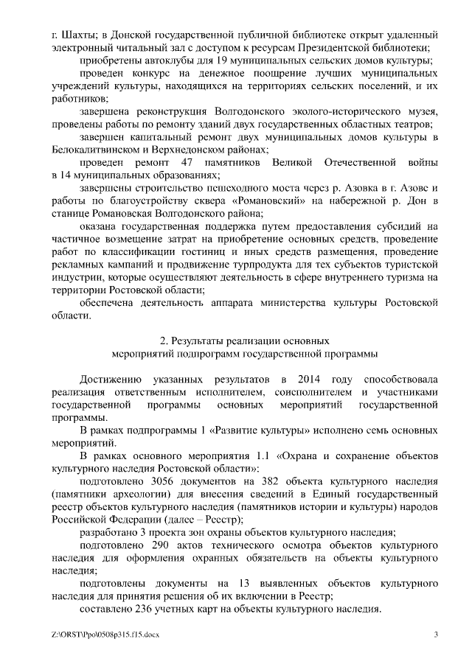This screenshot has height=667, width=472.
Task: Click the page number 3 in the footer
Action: [x=436, y=635]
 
